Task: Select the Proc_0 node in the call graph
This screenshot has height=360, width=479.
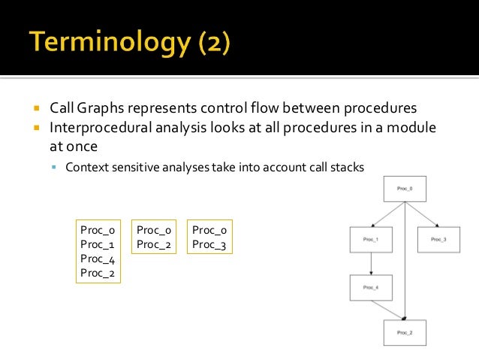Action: (405, 189)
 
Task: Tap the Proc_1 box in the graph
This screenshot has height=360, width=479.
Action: (371, 239)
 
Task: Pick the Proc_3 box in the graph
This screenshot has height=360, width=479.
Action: (439, 239)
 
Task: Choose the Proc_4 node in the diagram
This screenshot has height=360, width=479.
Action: (371, 287)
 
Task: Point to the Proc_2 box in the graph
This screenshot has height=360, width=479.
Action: (405, 332)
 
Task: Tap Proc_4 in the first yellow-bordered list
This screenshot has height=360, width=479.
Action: (97, 259)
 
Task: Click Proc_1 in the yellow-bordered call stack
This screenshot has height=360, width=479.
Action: (97, 245)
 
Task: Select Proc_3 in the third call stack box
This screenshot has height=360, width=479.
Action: (209, 245)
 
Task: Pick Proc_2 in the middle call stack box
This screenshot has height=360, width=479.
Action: (154, 245)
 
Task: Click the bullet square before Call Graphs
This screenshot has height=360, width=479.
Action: (35, 108)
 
